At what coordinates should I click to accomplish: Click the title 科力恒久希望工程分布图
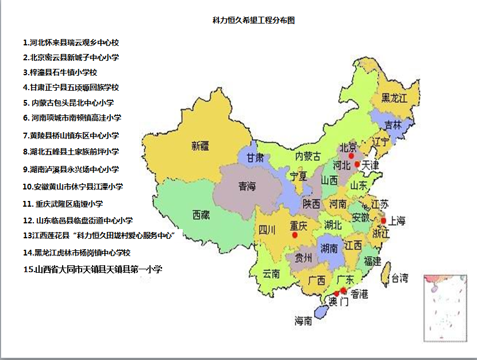[253, 20]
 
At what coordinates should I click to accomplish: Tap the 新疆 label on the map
[201, 146]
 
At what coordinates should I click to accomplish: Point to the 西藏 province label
[201, 215]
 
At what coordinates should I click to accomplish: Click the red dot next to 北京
[351, 156]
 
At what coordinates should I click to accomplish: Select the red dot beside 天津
[357, 164]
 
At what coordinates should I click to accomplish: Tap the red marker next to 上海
[383, 220]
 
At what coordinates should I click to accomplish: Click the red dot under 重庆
[295, 235]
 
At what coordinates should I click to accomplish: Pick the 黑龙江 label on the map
[394, 98]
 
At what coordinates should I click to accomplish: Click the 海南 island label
[303, 321]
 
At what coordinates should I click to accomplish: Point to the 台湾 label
[399, 279]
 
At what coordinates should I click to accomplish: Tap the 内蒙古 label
[308, 156]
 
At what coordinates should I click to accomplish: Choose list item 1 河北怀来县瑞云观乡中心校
[71, 42]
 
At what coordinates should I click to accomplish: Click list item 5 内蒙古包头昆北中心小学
[69, 103]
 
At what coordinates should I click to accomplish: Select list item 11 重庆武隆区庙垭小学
[71, 204]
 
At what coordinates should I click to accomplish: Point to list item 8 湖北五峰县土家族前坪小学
[71, 152]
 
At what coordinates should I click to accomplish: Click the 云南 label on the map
[271, 274]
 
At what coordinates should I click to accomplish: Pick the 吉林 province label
[393, 125]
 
